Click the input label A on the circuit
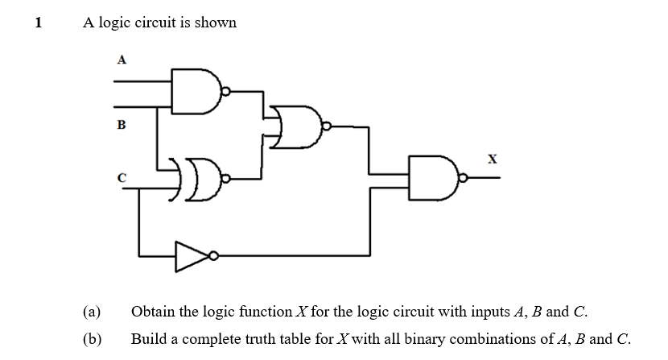(122, 59)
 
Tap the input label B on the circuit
(122, 125)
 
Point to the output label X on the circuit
(491, 159)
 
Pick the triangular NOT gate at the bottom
(191, 256)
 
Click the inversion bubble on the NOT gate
(213, 256)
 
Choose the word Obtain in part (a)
(154, 312)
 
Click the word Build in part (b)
(148, 339)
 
